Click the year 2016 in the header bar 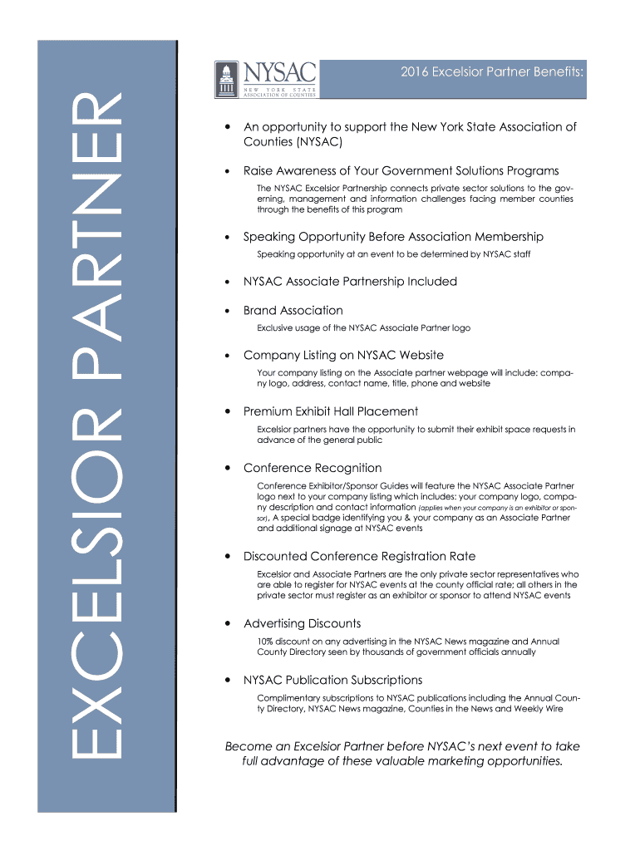pos(416,73)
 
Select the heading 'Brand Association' pos(293,310)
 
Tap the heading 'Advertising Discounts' pos(302,623)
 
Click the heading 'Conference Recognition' pos(313,468)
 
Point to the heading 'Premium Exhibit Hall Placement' pos(330,411)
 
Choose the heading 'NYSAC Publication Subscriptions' pos(332,680)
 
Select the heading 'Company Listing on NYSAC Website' pos(343,355)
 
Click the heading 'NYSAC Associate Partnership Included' pos(350,282)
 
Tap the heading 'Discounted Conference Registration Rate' pos(359,556)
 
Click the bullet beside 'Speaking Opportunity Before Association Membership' pos(227,238)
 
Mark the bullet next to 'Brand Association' pos(227,311)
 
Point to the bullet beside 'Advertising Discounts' pos(227,624)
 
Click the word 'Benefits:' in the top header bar pos(559,73)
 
